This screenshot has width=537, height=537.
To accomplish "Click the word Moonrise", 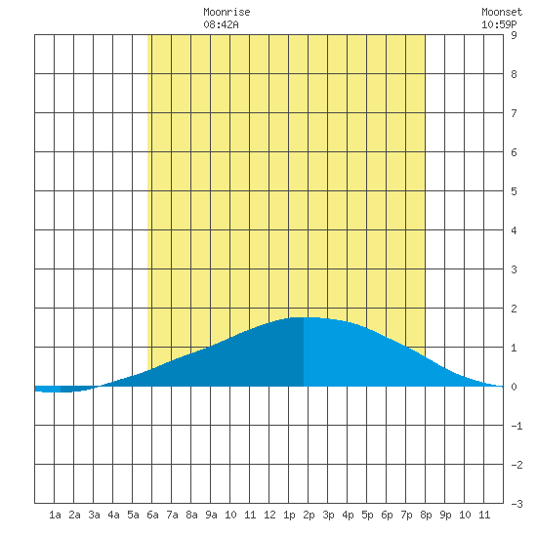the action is [227, 12].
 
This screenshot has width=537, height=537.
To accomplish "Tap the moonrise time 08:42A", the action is [221, 24].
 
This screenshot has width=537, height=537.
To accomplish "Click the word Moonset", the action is [502, 12].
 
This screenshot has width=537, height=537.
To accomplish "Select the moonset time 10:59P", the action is [499, 24].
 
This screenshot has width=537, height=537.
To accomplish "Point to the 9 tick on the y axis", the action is [514, 35].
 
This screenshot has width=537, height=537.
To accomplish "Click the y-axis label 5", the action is [514, 191].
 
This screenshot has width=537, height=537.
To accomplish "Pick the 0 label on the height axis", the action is [514, 387].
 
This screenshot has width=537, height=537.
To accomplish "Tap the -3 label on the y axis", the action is [516, 504].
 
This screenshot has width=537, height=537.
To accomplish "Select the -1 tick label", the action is [516, 426].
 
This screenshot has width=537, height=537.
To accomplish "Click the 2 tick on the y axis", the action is [514, 309].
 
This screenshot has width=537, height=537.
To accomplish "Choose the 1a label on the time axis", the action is [55, 515].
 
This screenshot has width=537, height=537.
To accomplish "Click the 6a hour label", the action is [152, 515].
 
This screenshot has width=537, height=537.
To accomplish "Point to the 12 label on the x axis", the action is [269, 515].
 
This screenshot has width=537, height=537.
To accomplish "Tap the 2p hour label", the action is [309, 516].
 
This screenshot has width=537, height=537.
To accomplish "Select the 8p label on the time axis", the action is [426, 516].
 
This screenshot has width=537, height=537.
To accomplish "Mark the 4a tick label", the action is [113, 515].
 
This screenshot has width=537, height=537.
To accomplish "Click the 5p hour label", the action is [367, 516].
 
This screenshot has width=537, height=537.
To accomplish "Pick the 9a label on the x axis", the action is [211, 515].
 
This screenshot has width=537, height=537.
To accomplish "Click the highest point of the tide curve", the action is [304, 317].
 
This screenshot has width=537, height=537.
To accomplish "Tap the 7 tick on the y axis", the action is [514, 113].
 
